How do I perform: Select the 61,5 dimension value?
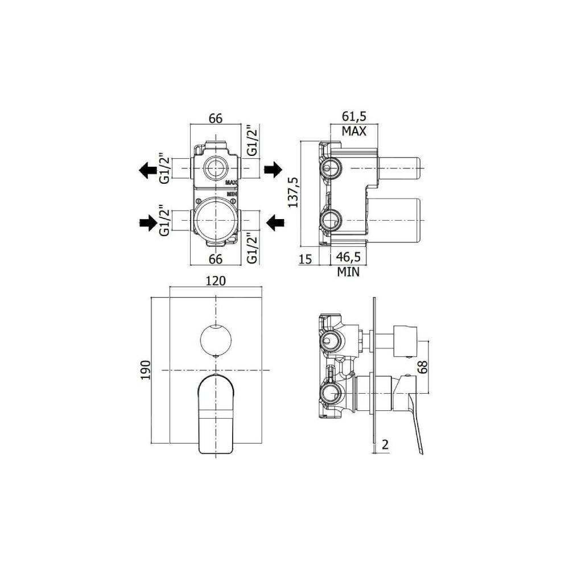(x=353, y=117)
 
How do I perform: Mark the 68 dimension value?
(x=422, y=365)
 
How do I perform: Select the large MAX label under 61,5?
(x=353, y=131)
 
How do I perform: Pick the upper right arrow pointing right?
(x=273, y=169)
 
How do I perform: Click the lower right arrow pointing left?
(x=276, y=224)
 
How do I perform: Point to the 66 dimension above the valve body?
(x=215, y=118)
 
